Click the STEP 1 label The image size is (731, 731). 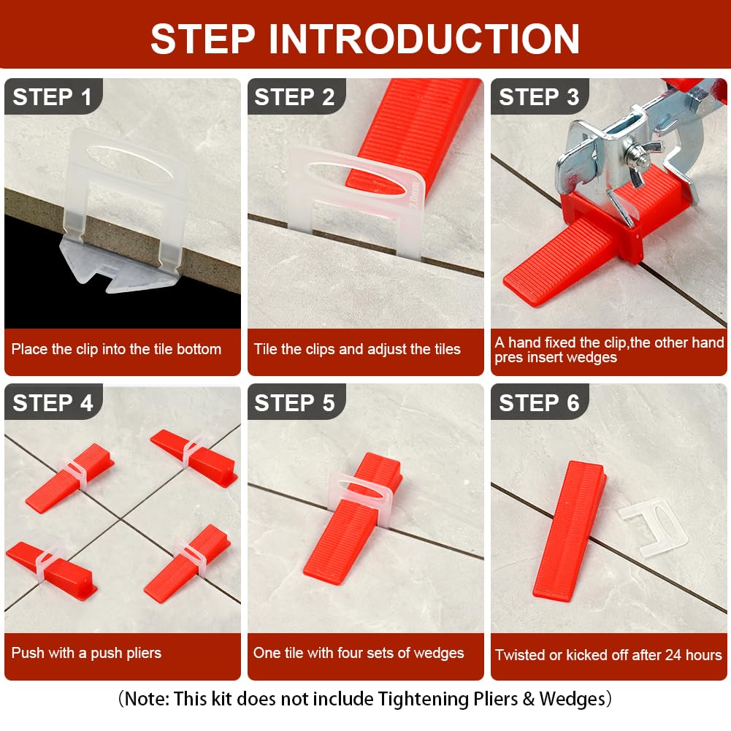point(52,97)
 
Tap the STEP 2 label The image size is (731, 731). point(294,97)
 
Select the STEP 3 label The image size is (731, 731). point(539,97)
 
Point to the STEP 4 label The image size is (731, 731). point(53,403)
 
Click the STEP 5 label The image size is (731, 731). point(294,403)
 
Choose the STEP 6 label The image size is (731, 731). point(539,403)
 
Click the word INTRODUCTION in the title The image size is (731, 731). point(424,39)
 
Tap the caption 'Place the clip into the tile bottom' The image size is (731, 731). point(116,349)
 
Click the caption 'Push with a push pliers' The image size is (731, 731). point(86,653)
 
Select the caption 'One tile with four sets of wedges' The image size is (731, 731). point(359,653)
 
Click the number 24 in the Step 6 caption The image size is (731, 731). point(673,654)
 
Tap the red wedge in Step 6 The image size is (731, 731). point(570,529)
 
